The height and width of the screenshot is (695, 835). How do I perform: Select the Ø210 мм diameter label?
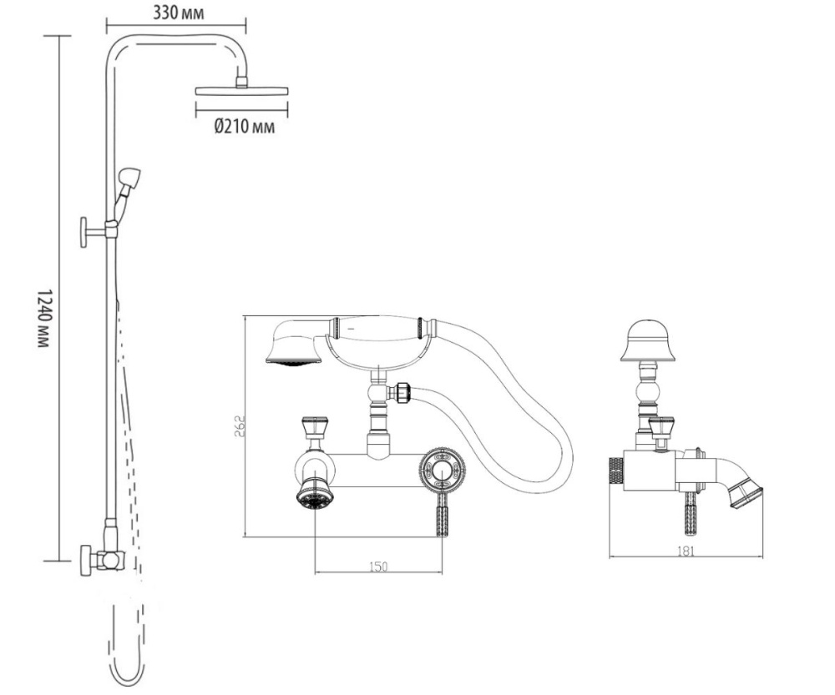[244, 128]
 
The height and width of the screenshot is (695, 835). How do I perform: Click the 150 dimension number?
[377, 567]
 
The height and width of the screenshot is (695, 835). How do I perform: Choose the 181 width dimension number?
[686, 551]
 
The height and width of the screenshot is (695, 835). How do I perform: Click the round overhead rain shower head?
[241, 90]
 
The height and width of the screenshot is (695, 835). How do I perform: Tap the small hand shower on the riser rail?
[129, 179]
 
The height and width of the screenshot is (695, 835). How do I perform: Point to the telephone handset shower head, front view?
[293, 348]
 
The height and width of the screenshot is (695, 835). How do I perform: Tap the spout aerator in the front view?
[314, 498]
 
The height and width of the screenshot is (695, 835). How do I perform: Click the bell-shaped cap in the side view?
[647, 342]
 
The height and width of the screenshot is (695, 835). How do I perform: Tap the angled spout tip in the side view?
[745, 492]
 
